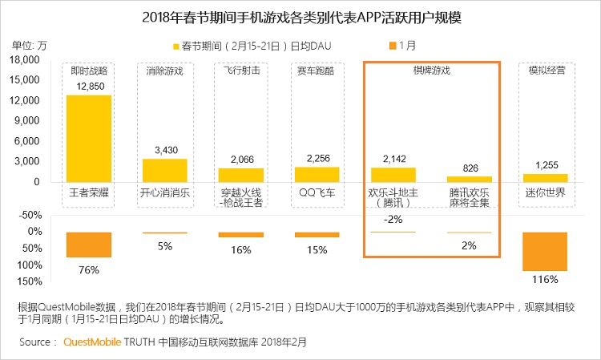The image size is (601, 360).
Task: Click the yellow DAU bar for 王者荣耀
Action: coord(88,138)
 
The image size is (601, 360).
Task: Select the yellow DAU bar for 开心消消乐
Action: coord(164,170)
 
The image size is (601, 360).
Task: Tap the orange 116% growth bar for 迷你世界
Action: coord(544,251)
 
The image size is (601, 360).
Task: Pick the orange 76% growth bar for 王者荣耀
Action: coord(88,245)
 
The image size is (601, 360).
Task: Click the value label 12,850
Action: coord(88,87)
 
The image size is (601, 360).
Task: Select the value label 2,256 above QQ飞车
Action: coord(317,158)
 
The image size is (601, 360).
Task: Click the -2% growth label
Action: coord(393,220)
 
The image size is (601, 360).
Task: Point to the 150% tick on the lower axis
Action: coord(29,281)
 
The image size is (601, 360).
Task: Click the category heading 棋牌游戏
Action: coord(431,71)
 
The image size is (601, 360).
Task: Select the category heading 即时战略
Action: coord(88,71)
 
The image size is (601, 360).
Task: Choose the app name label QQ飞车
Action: coord(317,193)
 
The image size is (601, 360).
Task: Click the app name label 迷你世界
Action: coord(544,193)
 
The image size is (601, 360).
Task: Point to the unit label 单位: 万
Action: coord(30,45)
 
